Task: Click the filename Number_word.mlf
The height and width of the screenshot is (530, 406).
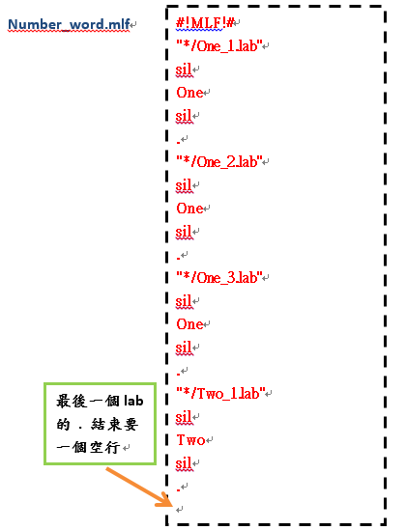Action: click(69, 24)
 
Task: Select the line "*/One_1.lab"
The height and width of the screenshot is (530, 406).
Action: click(219, 46)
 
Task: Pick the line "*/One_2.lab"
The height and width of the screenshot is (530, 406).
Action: click(219, 162)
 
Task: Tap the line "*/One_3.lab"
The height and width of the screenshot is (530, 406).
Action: click(219, 278)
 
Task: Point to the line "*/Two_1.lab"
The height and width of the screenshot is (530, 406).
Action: click(220, 394)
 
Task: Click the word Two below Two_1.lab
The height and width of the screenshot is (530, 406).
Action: click(190, 440)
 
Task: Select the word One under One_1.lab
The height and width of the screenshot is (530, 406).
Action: click(189, 93)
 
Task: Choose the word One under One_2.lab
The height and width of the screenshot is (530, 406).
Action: click(189, 209)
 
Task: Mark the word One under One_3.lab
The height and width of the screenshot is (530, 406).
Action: click(189, 324)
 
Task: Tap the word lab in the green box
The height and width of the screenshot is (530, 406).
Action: click(133, 401)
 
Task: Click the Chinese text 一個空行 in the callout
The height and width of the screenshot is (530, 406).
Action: click(88, 448)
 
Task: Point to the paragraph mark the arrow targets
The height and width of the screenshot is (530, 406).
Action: click(180, 509)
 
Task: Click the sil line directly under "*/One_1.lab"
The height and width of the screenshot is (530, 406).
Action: click(184, 70)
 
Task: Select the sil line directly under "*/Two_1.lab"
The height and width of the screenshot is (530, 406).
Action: click(184, 417)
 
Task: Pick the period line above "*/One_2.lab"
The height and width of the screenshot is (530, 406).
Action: click(178, 143)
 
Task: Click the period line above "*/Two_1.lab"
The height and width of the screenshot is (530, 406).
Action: click(178, 375)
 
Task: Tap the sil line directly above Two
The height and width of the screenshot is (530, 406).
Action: click(184, 417)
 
